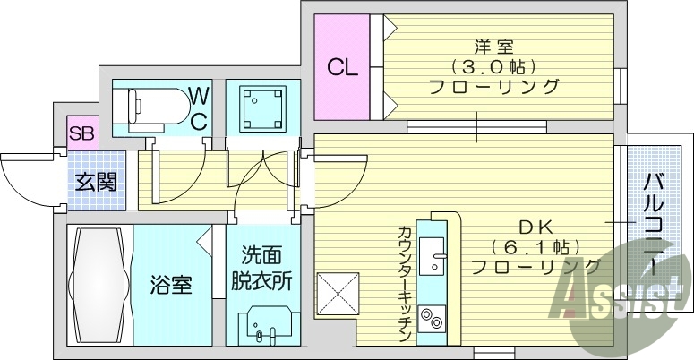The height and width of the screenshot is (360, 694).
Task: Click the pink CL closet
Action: tap(340, 66)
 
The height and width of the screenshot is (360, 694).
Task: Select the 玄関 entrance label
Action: tap(93, 183)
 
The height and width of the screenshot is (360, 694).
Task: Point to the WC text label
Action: tap(200, 107)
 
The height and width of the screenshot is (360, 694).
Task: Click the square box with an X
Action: tap(338, 295)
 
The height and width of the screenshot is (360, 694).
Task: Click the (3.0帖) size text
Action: tap(493, 66)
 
